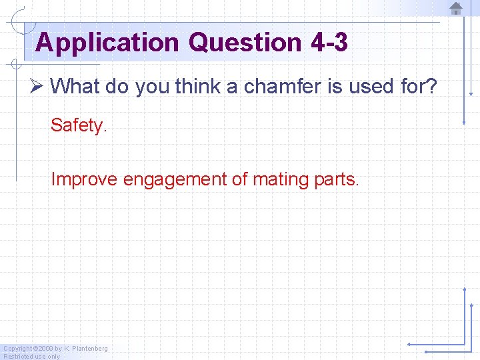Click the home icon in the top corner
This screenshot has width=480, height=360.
click(456, 9)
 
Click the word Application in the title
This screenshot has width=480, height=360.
click(107, 43)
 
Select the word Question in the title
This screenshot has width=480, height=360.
click(245, 43)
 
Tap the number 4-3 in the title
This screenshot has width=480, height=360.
click(329, 43)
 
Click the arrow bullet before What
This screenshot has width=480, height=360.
click(37, 86)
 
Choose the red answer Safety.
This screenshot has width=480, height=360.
click(79, 125)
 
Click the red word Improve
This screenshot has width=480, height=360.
click(85, 179)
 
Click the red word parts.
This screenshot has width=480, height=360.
click(337, 179)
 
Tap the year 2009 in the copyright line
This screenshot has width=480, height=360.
click(45, 349)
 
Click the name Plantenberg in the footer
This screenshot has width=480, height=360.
click(89, 349)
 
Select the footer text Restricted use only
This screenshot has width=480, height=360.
click(31, 356)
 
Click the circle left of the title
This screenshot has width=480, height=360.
click(25, 22)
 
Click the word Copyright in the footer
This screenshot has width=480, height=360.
click(17, 349)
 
